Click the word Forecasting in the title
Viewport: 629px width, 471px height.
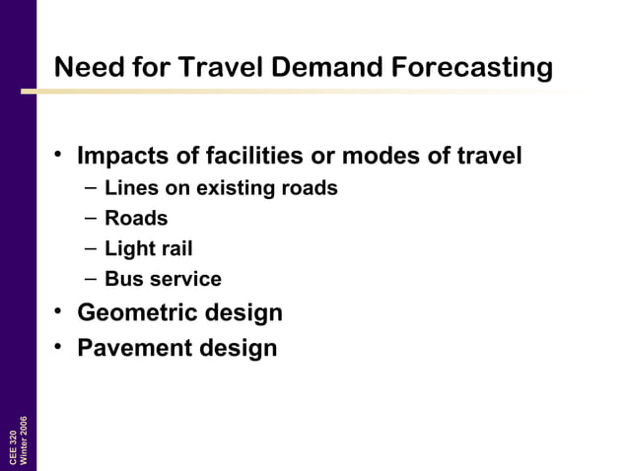(471, 68)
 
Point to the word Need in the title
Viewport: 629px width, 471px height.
(85, 68)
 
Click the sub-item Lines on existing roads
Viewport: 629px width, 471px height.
(221, 188)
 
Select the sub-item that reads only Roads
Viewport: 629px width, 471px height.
(136, 219)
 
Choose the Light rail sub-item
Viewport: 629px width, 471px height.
(148, 249)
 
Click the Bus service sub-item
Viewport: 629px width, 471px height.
(163, 280)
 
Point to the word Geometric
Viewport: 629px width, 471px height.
(134, 313)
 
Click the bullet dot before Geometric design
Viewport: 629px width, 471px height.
(60, 312)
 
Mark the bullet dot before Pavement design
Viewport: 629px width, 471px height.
(60, 347)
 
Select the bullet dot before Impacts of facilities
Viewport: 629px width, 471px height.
(60, 156)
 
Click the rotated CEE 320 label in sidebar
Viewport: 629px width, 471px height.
(13, 448)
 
